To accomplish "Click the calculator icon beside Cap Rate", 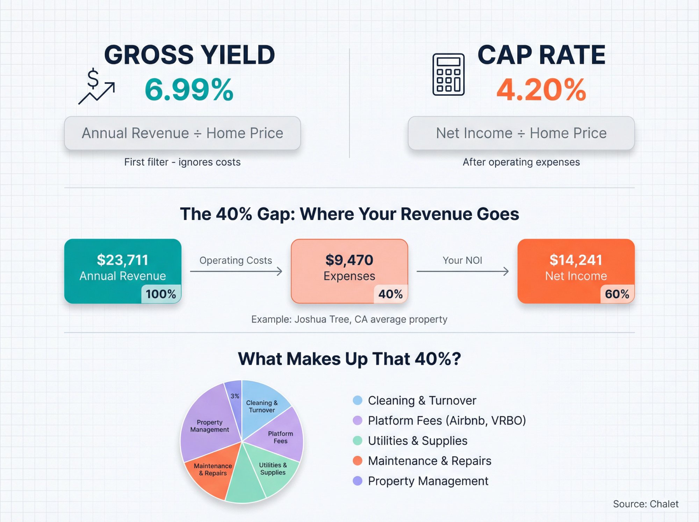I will tap(448, 74).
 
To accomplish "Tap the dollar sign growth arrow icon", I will tap(96, 87).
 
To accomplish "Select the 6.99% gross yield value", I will tap(189, 90).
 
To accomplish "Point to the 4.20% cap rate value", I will tap(541, 90).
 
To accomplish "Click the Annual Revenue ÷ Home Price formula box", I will tap(182, 133).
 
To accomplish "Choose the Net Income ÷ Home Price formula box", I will tap(521, 133).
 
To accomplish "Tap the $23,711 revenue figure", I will tap(123, 260).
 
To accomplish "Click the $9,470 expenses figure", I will tap(349, 260).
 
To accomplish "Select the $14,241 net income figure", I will tap(576, 260).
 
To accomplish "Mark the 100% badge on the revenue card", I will tap(161, 294).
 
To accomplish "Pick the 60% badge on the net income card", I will tap(617, 294).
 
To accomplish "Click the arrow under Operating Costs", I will tap(236, 271).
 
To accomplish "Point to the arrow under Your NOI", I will tap(462, 271).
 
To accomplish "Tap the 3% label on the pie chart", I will tap(235, 396).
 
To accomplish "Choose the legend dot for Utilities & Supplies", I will tap(358, 441).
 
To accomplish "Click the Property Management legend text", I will tap(428, 481).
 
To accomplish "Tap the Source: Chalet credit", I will tap(646, 504).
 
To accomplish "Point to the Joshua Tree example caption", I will tap(349, 319).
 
